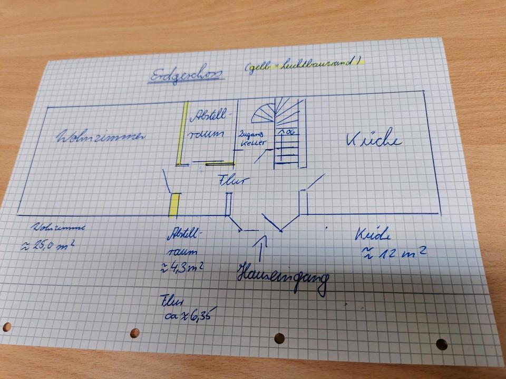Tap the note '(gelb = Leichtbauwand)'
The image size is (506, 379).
click(304, 64)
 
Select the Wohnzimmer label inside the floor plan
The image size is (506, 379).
click(100, 136)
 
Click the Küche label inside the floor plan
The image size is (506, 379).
click(374, 139)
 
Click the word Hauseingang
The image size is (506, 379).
click(281, 277)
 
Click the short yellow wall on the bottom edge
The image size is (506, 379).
click(174, 204)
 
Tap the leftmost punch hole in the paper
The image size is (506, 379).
click(7, 327)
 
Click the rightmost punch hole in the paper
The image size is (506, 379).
click(442, 344)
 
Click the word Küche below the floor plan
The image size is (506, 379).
click(375, 233)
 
